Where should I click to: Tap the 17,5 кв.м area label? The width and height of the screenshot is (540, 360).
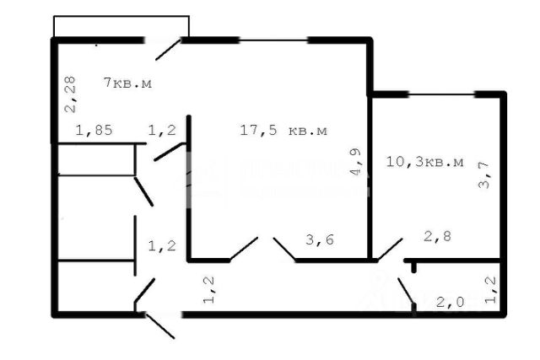pyautogui.click(x=283, y=131)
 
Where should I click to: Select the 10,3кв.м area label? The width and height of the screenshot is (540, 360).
pyautogui.click(x=424, y=161)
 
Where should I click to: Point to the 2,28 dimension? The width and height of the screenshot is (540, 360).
pyautogui.click(x=71, y=94)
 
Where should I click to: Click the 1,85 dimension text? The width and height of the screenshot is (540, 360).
pyautogui.click(x=94, y=131)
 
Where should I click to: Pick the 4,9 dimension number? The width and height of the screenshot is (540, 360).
pyautogui.click(x=357, y=164)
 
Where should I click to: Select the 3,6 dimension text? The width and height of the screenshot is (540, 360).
pyautogui.click(x=318, y=240)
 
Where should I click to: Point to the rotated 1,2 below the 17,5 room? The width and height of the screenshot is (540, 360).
pyautogui.click(x=210, y=289)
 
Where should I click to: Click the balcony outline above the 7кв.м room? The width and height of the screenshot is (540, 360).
pyautogui.click(x=121, y=26)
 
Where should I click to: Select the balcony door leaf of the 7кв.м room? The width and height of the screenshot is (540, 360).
pyautogui.click(x=168, y=49)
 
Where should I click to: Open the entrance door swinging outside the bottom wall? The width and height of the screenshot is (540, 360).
pyautogui.click(x=160, y=325)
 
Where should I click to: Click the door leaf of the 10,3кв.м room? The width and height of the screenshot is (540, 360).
pyautogui.click(x=388, y=248)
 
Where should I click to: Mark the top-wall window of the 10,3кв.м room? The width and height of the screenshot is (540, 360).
pyautogui.click(x=440, y=94)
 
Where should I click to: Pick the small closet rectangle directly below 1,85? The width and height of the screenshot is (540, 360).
pyautogui.click(x=96, y=159)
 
